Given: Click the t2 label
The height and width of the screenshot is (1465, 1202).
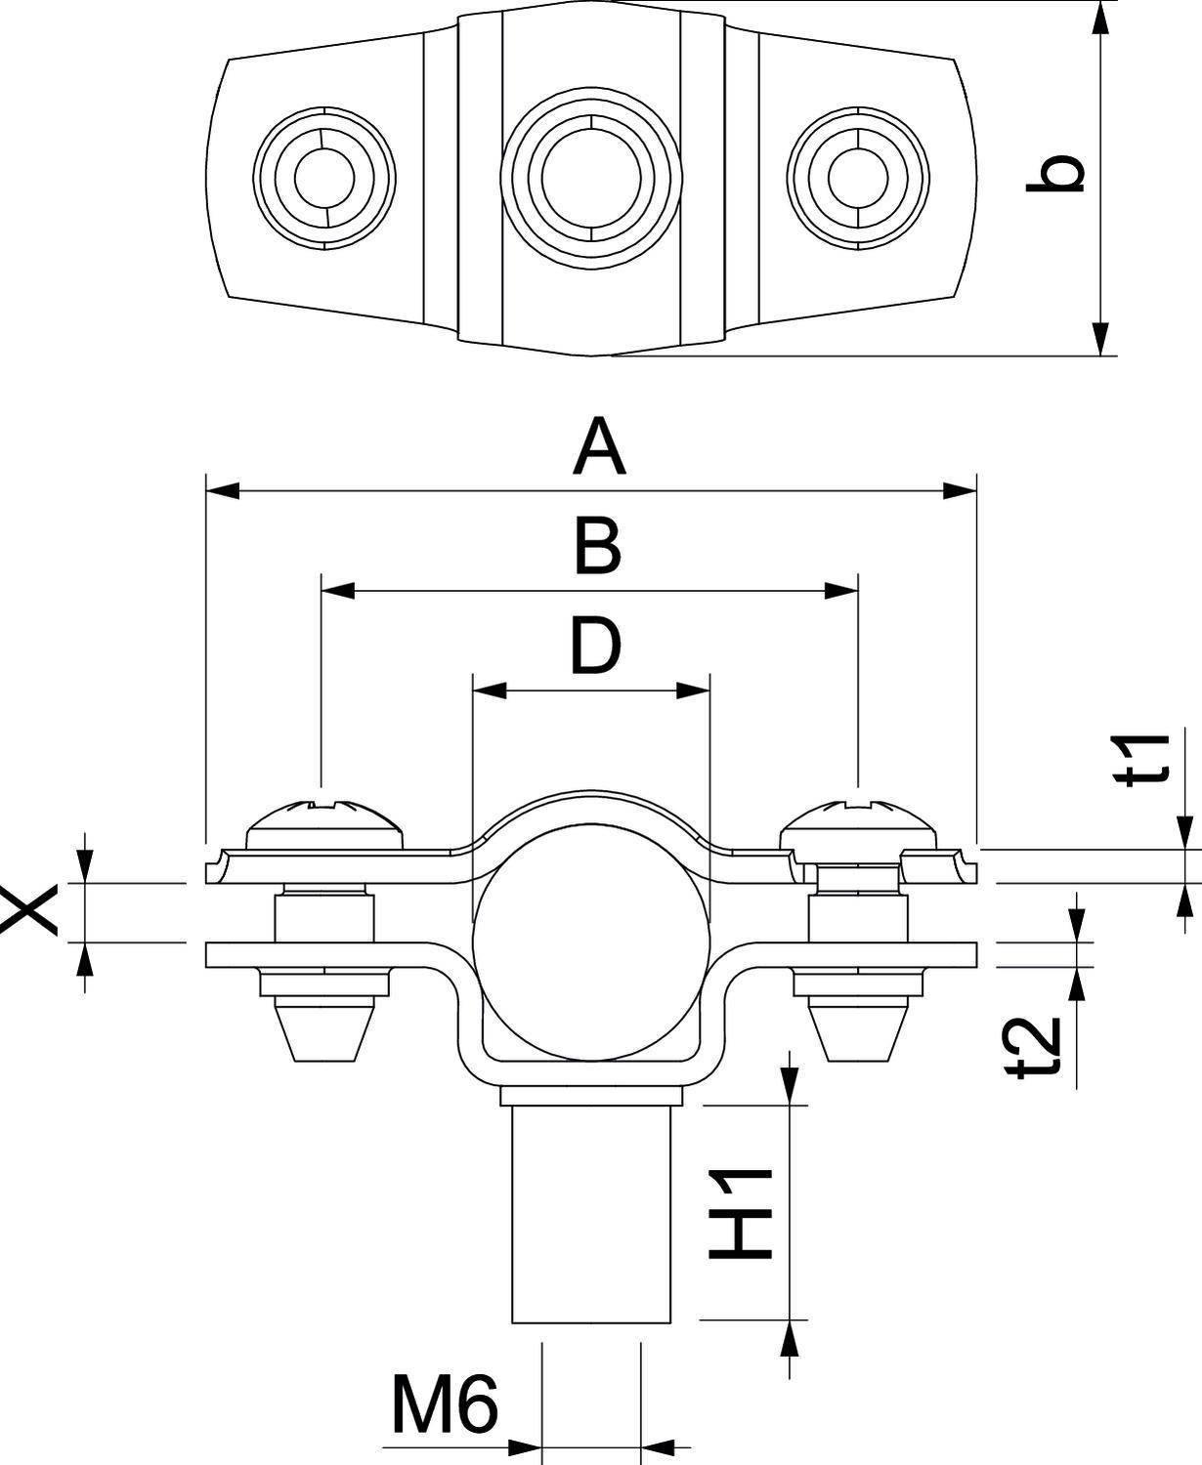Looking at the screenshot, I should [x=1036, y=1047].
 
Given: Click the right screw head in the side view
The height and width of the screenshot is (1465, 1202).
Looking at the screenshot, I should [x=858, y=826].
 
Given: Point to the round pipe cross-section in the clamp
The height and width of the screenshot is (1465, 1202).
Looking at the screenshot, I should [x=590, y=942].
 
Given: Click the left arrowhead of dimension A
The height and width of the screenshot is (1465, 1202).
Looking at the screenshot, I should [x=223, y=490].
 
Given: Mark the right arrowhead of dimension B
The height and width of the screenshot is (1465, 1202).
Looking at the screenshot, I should [x=841, y=591].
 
